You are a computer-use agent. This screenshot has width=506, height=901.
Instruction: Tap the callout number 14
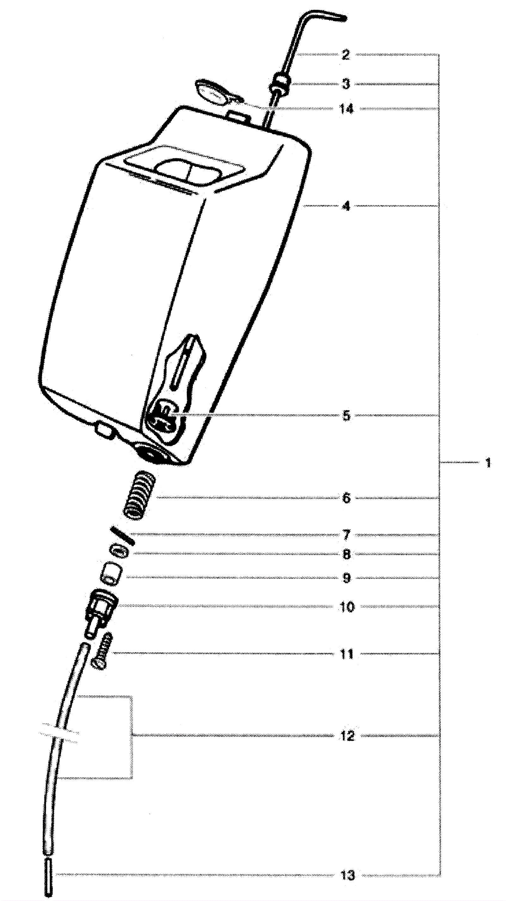[x=346, y=109]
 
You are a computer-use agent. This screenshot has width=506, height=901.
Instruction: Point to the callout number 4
[x=346, y=206]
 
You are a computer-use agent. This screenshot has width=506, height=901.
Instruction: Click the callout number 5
[x=346, y=416]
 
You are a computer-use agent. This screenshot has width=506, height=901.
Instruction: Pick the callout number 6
[x=346, y=498]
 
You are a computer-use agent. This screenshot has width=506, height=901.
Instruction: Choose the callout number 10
[x=347, y=607]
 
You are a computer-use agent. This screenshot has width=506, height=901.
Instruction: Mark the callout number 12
[x=347, y=736]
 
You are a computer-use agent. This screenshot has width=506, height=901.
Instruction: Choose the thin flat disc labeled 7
[x=122, y=535]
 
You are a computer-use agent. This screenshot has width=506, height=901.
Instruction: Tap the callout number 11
[x=346, y=654]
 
